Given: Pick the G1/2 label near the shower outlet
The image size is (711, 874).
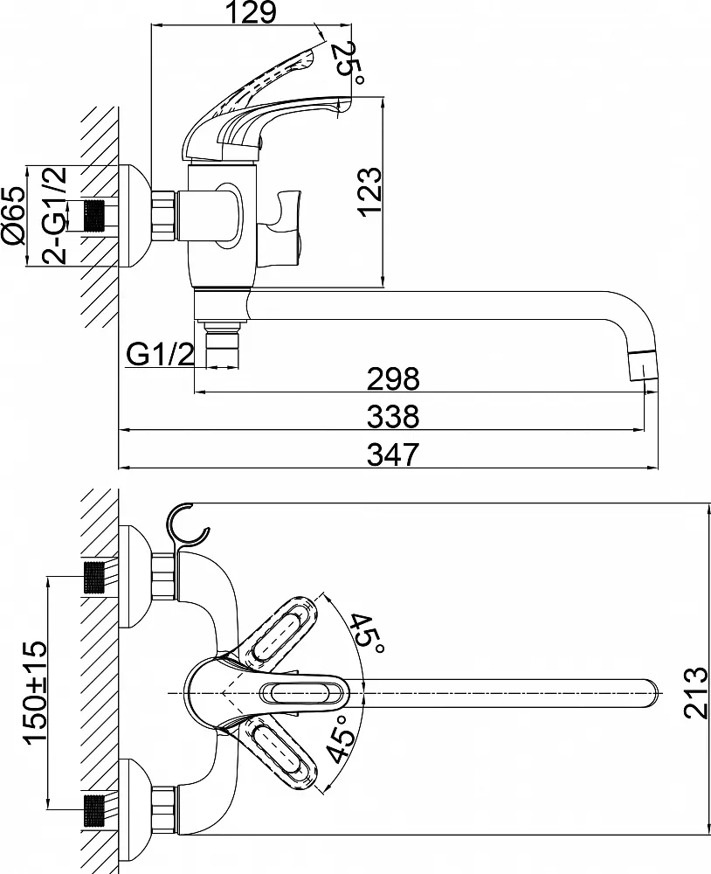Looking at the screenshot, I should (x=159, y=354).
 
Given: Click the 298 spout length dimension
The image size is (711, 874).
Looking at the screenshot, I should (x=394, y=378).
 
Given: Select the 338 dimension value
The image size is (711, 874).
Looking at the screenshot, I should (x=394, y=416).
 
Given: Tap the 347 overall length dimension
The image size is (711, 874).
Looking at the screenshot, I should (x=394, y=454).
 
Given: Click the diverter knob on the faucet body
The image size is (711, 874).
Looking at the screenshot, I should (x=284, y=225).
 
